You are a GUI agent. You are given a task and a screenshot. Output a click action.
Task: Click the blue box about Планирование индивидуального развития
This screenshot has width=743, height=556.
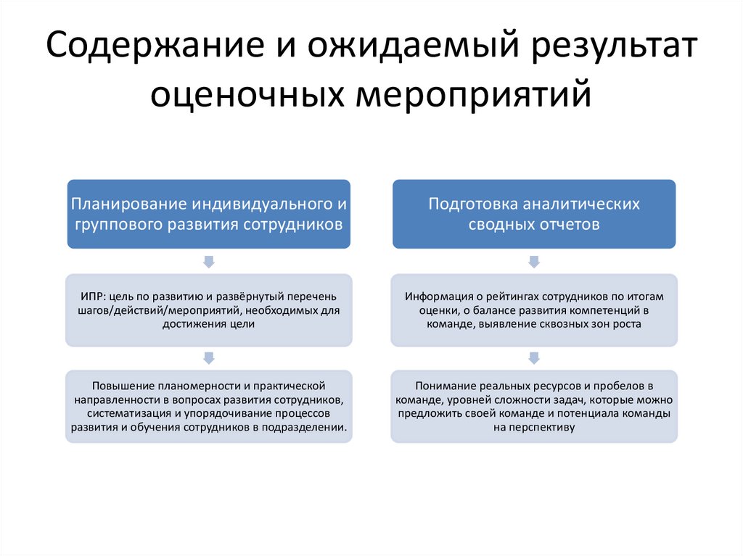209,214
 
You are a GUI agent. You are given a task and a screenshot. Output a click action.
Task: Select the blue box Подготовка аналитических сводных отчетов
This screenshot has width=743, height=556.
534,214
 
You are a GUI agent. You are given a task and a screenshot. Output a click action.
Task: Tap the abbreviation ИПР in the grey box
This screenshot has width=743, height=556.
91,297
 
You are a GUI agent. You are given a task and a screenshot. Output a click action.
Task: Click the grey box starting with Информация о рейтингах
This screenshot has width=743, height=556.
534,310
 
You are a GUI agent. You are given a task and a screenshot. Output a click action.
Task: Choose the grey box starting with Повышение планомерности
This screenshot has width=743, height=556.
209,406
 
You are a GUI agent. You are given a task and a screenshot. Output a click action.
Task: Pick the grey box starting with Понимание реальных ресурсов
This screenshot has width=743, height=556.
534,406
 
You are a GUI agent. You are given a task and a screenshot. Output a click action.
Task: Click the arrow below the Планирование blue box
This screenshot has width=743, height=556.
209,261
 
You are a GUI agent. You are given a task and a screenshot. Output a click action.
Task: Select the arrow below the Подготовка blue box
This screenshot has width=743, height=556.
534,261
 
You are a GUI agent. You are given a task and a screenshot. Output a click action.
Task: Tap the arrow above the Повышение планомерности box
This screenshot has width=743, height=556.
209,357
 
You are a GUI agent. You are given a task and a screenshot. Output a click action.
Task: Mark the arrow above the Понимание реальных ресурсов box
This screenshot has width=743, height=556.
534,357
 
